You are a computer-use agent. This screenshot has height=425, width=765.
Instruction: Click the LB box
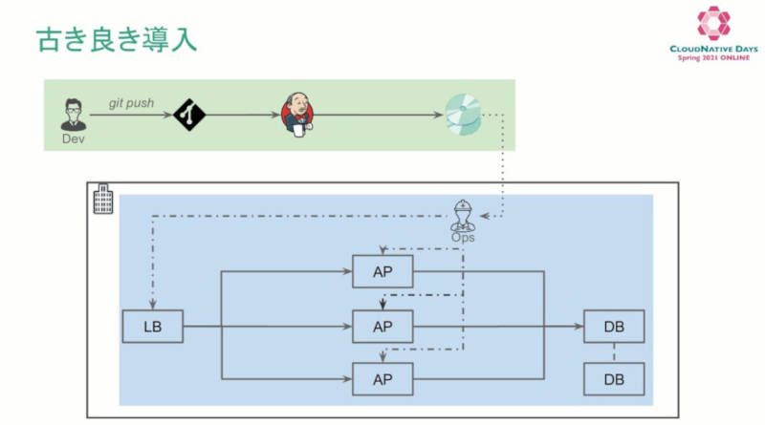click(x=153, y=326)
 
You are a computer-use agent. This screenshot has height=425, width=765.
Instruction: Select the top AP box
click(x=382, y=271)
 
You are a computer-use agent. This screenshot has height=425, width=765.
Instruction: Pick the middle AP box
click(x=382, y=326)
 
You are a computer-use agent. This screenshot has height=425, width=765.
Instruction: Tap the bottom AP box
click(x=382, y=379)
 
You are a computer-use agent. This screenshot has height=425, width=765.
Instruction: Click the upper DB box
click(x=614, y=326)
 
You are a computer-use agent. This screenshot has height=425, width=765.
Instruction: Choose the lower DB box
click(x=614, y=379)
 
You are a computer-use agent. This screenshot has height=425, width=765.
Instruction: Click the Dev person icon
click(x=74, y=115)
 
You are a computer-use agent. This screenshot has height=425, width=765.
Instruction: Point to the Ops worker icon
click(x=463, y=215)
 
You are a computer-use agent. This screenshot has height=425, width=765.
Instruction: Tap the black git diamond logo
click(x=189, y=115)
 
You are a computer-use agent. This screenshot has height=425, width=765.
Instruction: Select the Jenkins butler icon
click(x=297, y=115)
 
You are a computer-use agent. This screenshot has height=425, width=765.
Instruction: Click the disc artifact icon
click(x=463, y=115)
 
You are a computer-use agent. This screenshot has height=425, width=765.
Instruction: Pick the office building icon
click(x=103, y=199)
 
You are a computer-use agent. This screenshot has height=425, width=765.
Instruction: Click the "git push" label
click(x=131, y=103)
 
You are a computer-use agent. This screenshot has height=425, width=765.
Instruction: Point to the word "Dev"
click(x=74, y=138)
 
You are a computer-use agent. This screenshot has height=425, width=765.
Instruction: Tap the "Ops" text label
click(x=463, y=238)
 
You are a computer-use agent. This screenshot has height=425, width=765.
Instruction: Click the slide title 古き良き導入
click(x=117, y=39)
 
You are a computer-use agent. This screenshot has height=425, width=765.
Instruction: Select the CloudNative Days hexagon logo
click(x=713, y=23)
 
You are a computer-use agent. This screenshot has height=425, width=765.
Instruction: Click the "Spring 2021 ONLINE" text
click(x=713, y=57)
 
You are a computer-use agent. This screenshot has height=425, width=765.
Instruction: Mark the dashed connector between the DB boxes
click(x=614, y=352)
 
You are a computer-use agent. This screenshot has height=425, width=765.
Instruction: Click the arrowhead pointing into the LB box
click(x=153, y=305)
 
